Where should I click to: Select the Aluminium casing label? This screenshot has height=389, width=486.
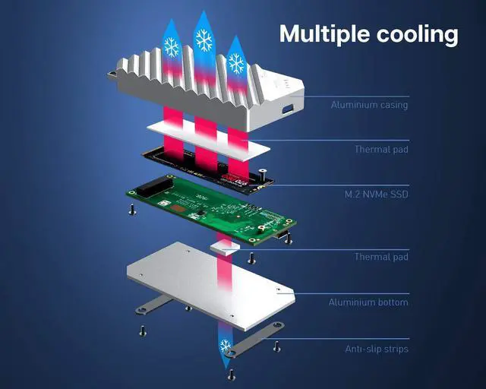point(369,105)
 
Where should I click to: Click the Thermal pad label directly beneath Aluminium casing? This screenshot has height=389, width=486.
point(381,150)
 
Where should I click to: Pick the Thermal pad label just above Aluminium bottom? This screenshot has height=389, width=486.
point(381,257)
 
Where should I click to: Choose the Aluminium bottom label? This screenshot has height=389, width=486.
point(368,302)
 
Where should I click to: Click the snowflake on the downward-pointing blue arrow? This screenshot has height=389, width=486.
point(225,347)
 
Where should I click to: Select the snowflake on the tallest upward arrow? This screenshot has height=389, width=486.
point(203,40)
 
